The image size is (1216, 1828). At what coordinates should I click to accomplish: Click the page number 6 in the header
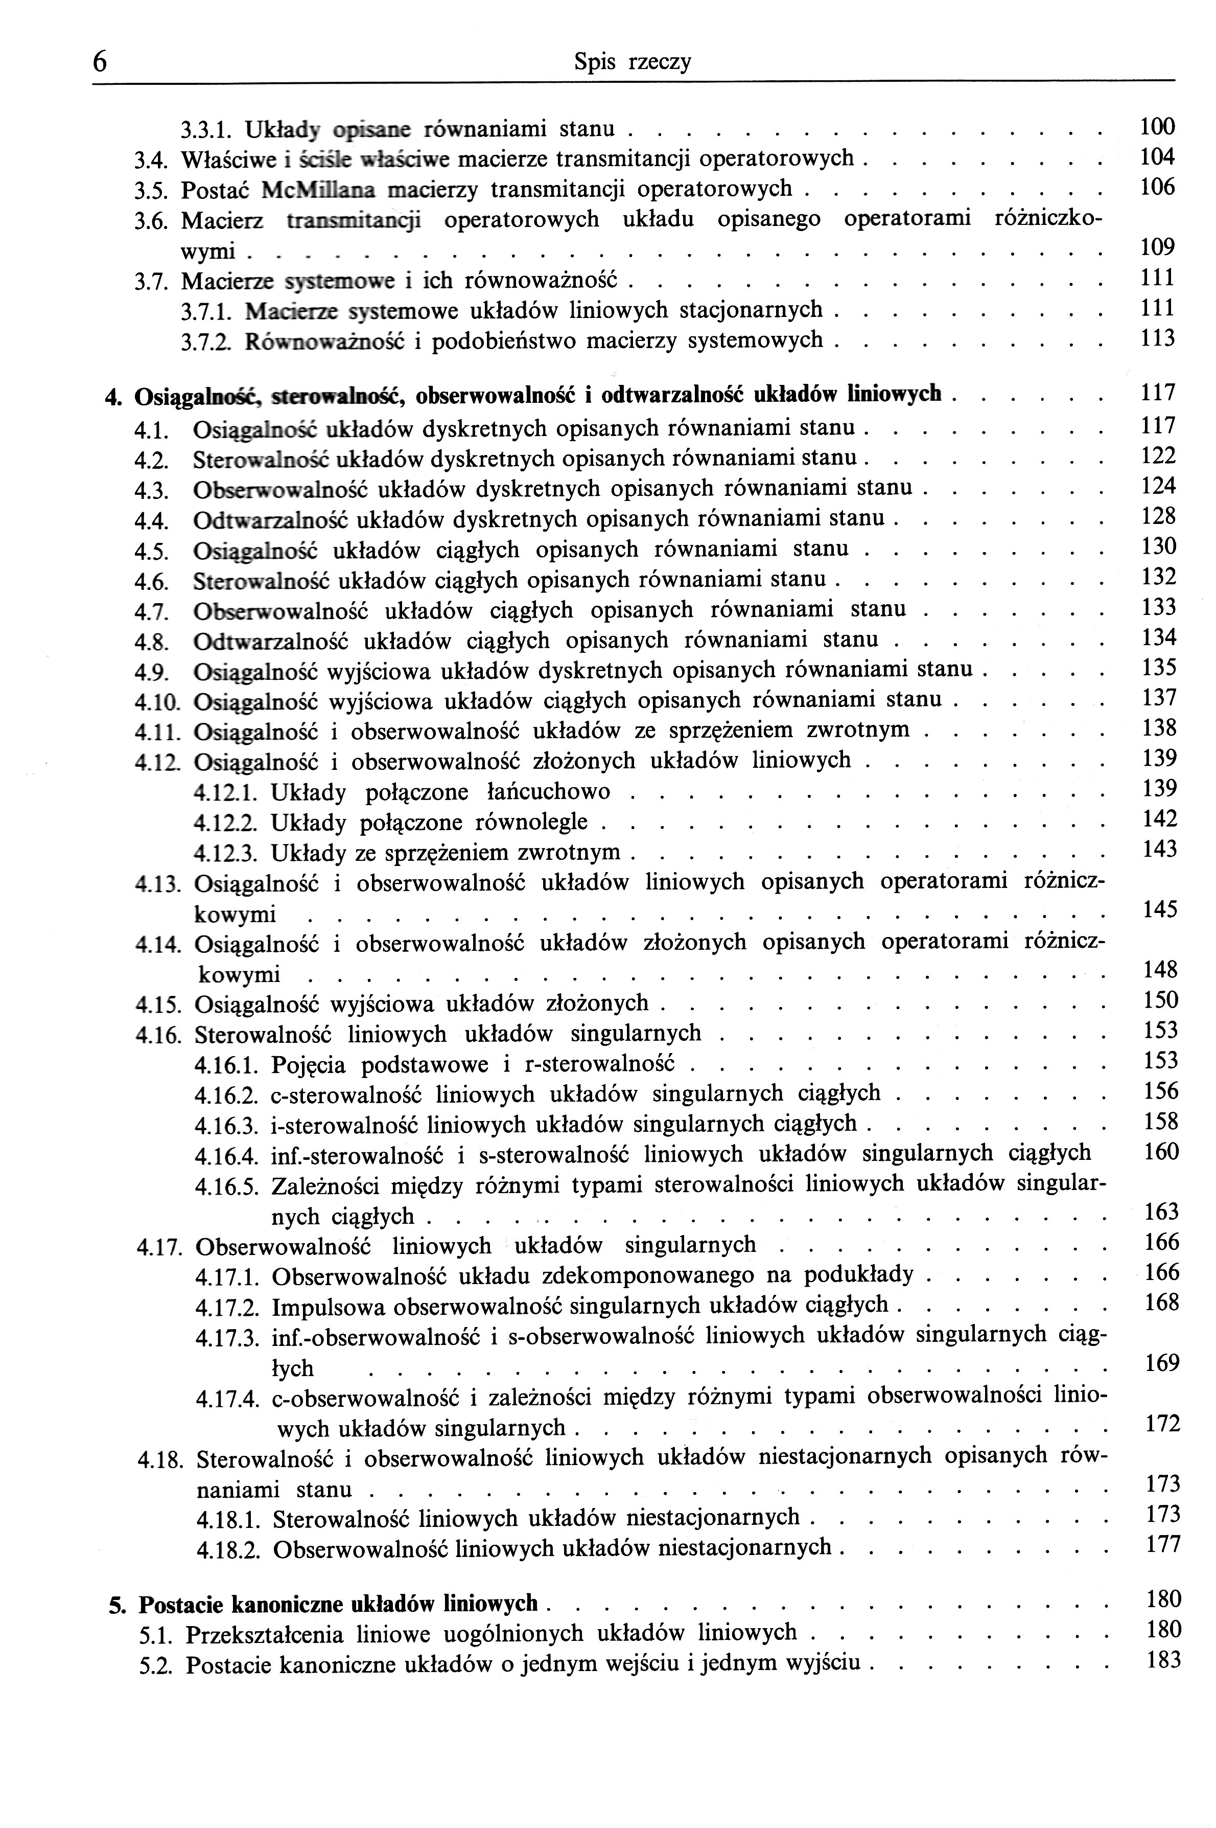(x=99, y=61)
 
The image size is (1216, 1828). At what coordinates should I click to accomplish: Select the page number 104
(x=1158, y=157)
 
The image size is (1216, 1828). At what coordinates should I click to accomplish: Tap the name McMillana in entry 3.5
(x=319, y=189)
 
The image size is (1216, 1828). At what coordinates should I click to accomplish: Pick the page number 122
(x=1159, y=455)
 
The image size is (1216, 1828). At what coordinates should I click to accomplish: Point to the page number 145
(x=1160, y=909)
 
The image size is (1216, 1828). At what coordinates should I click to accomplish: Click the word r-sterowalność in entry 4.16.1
(x=600, y=1064)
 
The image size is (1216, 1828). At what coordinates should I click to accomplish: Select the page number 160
(x=1161, y=1152)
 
